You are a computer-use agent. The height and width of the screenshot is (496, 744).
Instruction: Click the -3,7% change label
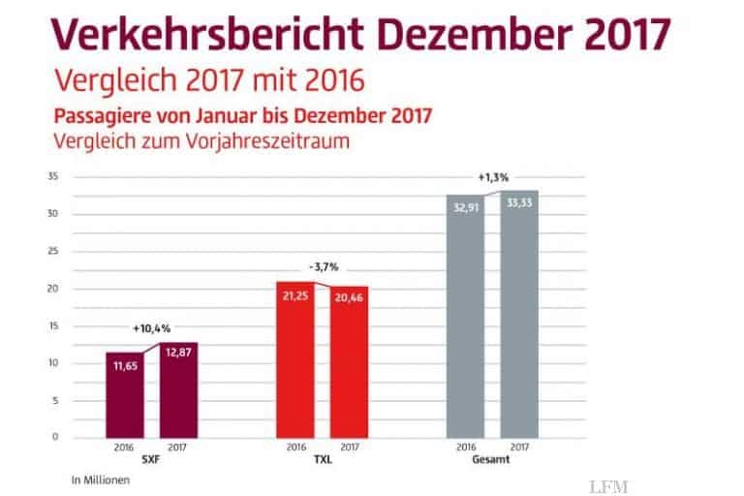click(x=322, y=266)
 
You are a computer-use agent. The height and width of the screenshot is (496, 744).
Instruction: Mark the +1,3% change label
click(x=493, y=177)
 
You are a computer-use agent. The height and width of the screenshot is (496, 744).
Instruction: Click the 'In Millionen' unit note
click(x=99, y=480)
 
